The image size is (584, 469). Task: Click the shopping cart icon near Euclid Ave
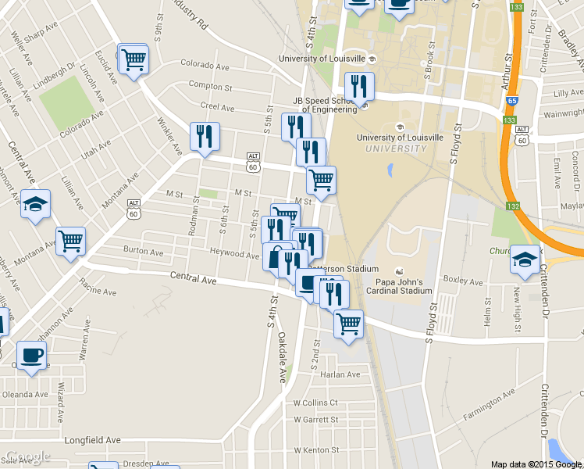(x=134, y=59)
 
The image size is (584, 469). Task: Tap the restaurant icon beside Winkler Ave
(x=204, y=137)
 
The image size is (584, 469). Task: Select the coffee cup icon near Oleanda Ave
(x=31, y=356)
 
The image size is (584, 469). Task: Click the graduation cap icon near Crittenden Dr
(x=525, y=260)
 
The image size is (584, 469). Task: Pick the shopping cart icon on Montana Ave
(x=70, y=242)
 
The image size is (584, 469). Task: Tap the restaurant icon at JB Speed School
(x=358, y=87)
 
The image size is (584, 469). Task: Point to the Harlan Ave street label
(x=340, y=374)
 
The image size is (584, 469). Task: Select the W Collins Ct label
(x=315, y=403)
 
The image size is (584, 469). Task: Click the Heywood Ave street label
(x=234, y=255)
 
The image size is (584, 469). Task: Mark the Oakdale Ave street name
(x=282, y=357)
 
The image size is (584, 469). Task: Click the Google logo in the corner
(x=27, y=456)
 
